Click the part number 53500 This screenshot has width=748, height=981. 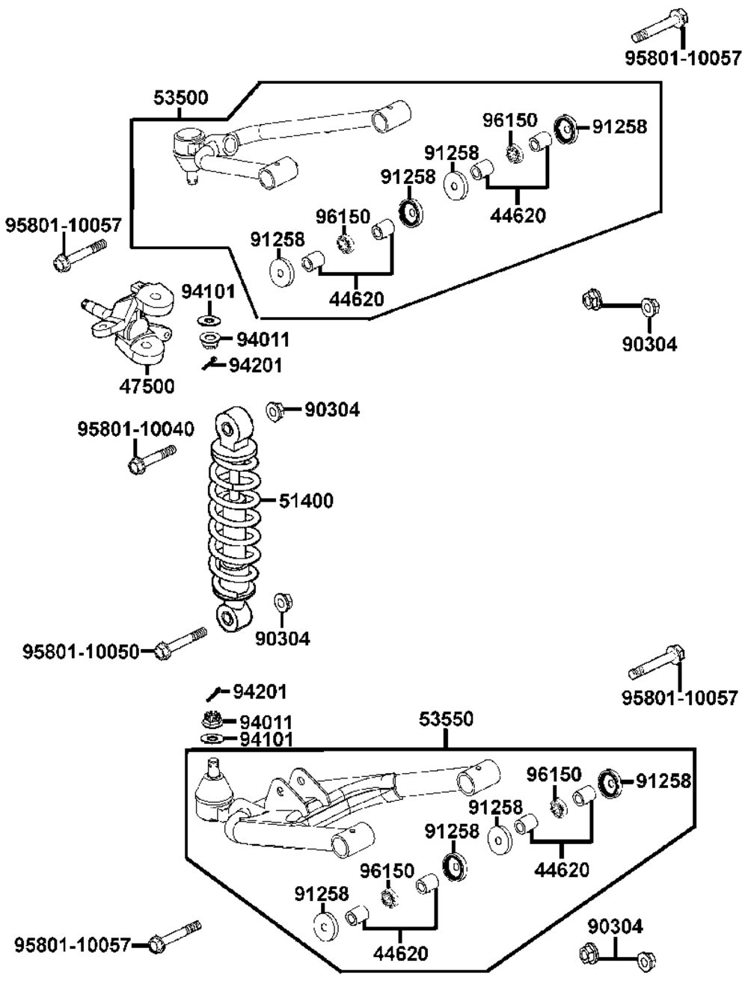click(x=180, y=97)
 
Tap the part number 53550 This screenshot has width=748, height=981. click(x=446, y=719)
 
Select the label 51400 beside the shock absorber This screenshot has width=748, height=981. click(x=306, y=501)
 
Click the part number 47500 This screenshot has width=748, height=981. click(x=147, y=386)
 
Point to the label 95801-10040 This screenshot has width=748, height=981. click(x=136, y=429)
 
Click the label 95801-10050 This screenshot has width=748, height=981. click(x=81, y=651)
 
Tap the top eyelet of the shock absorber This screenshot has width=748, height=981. click(x=233, y=428)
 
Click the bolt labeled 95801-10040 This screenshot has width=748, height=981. click(x=152, y=459)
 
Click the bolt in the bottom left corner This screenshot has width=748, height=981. click(x=174, y=935)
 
